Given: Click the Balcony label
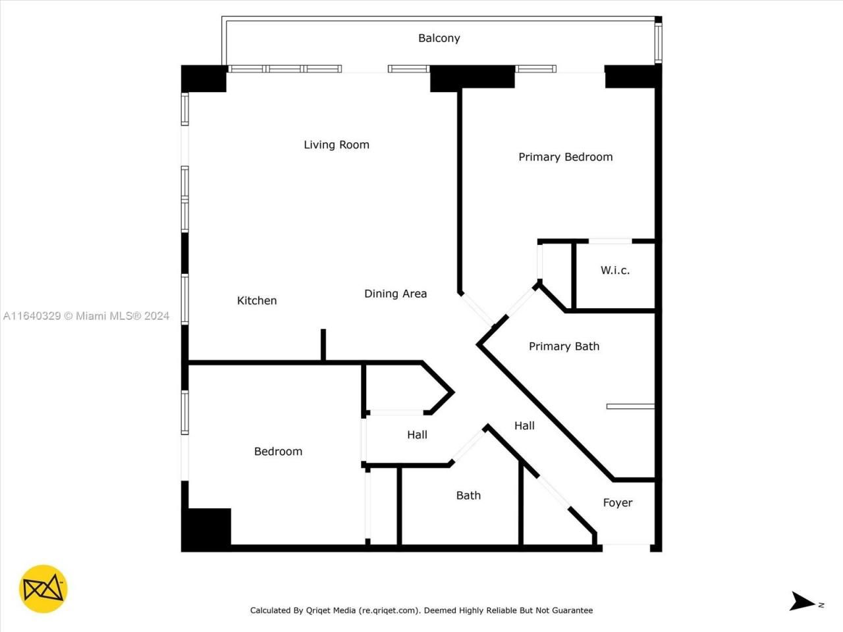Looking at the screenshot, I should [439, 38].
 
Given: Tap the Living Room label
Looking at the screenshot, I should [336, 145].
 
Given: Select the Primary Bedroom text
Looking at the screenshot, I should [565, 157].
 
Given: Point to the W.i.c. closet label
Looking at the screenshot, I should [614, 270].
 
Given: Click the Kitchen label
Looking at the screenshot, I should [257, 301].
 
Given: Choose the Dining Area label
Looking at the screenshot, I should [395, 294].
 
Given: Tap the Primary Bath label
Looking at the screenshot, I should [564, 346].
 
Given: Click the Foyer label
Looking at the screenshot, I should [617, 503].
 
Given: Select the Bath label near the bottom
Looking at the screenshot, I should [468, 496].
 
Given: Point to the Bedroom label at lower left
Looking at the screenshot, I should [278, 452].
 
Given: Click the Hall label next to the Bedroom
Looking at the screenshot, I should [417, 435].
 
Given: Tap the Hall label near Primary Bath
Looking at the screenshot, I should [524, 426].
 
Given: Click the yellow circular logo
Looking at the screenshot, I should [43, 589].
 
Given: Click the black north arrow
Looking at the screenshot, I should [802, 601].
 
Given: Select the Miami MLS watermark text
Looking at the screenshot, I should [86, 316].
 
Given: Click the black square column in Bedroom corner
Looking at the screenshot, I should [207, 529].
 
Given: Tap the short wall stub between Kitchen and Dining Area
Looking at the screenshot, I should [323, 345].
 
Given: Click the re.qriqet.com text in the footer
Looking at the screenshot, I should [389, 610].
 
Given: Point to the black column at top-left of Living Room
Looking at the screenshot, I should [204, 78].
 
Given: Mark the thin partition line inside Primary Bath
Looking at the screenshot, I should [630, 407].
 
